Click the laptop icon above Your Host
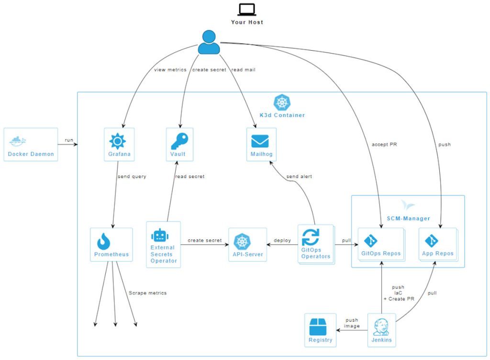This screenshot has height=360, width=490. (247, 9)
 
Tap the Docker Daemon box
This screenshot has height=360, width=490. (31, 144)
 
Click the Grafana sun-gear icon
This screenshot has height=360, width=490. (118, 141)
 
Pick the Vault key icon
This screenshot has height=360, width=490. (179, 141)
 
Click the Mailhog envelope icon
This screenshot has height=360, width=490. (260, 141)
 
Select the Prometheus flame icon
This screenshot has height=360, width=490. (104, 241)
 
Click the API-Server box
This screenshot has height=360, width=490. (247, 244)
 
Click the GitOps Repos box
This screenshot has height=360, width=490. (381, 244)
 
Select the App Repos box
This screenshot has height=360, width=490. (437, 244)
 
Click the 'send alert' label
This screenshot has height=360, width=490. (299, 176)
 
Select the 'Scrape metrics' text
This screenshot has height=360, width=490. (147, 293)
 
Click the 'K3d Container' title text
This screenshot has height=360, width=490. (282, 115)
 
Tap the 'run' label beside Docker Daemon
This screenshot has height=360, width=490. (69, 141)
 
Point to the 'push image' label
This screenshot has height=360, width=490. (352, 323)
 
